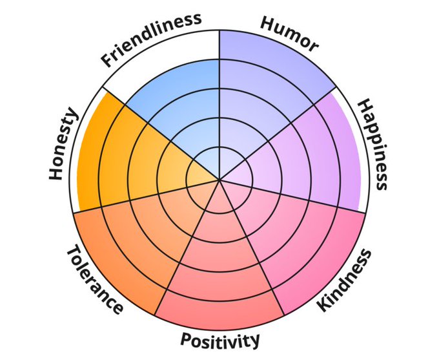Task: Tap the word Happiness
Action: click(373, 144)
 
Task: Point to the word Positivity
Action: click(220, 339)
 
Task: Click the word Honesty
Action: click(63, 144)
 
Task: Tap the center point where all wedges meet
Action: click(219, 180)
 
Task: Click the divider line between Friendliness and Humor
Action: click(219, 97)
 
